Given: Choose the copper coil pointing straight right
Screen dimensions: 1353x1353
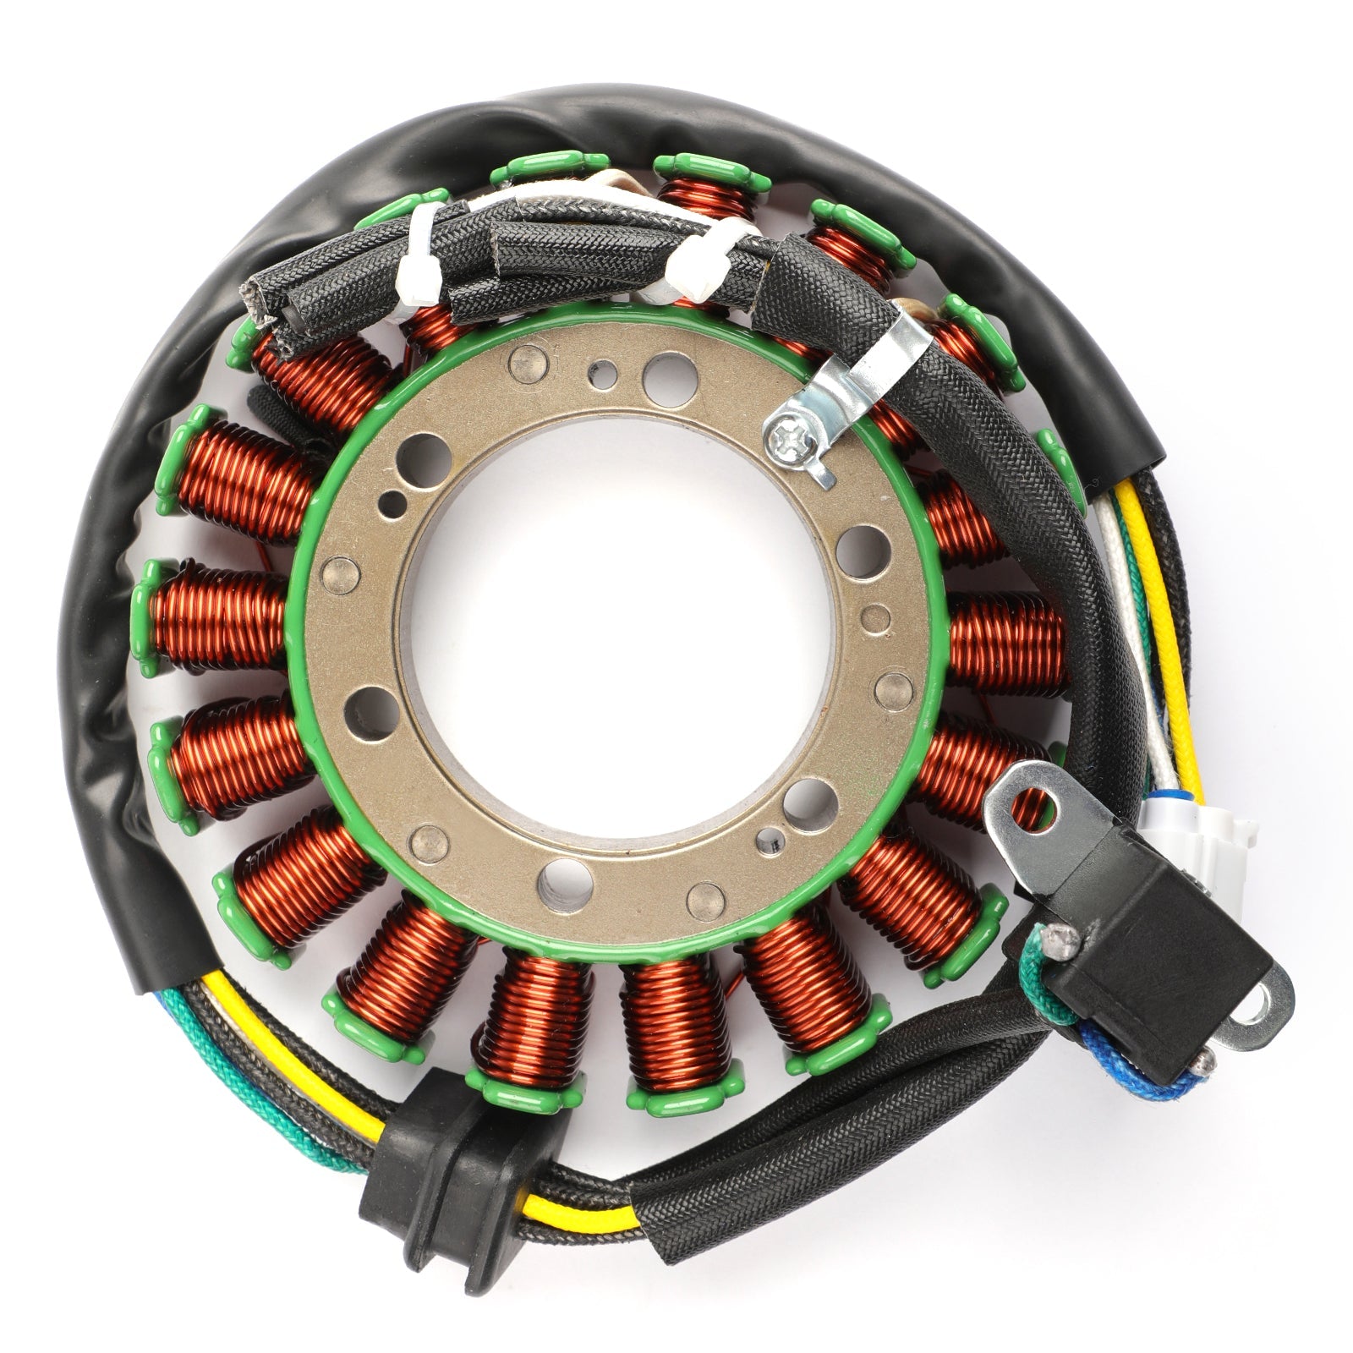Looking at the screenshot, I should (x=1006, y=643).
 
